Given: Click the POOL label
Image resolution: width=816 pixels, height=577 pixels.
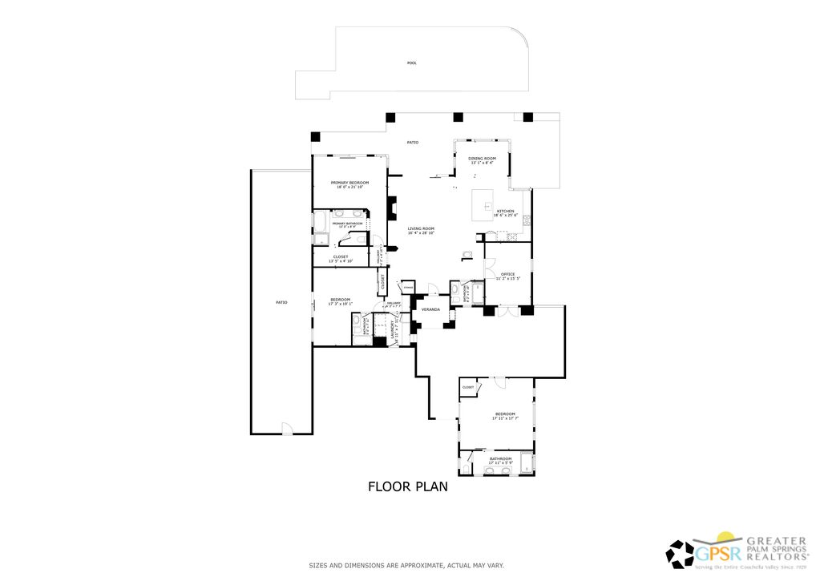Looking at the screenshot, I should click(411, 63).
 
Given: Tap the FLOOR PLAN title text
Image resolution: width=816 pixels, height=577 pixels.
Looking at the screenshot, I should click(407, 486).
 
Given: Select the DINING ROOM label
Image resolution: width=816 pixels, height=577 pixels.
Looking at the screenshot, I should click(482, 158).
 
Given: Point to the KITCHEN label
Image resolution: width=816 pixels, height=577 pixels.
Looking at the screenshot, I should click(505, 211).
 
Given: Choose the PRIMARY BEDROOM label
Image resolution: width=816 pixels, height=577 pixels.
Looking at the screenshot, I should click(349, 183).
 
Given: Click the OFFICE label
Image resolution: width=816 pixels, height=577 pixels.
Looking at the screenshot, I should click(507, 274).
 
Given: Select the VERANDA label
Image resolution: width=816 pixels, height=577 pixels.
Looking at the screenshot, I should click(430, 309).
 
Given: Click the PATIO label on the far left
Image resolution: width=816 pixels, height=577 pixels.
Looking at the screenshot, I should click(281, 302).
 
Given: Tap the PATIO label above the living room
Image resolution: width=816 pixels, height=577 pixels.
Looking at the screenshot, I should click(412, 142).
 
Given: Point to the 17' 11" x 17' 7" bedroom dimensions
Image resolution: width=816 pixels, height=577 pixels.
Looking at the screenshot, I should click(504, 418).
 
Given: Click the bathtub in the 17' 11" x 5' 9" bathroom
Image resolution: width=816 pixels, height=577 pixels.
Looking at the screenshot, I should click(526, 463).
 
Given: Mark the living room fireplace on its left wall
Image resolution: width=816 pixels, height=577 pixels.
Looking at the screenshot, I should click(392, 208).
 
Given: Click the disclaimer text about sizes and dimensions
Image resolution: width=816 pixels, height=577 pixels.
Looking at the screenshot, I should click(406, 565).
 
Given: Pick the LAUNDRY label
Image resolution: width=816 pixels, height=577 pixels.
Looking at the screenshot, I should click(393, 330).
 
